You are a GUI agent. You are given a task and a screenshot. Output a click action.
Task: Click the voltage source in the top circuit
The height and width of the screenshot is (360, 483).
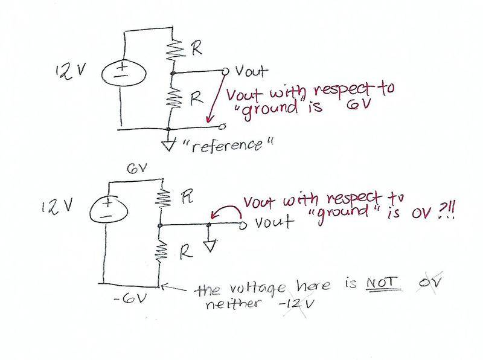coord(123,74)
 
